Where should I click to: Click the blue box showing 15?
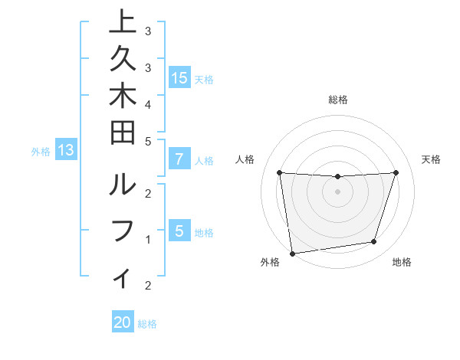coord(179,78)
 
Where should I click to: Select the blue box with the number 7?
coord(179,160)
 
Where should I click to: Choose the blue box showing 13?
coord(66,151)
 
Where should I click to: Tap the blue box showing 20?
coord(123,323)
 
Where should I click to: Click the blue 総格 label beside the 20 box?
coord(147,324)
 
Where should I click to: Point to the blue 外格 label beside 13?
coord(41,152)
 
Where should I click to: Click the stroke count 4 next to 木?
coord(147,103)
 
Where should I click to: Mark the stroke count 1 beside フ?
coord(147,240)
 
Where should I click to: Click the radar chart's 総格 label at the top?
coord(338,100)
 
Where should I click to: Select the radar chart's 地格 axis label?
coord(402,263)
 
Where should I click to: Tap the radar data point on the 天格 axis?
coord(396,172)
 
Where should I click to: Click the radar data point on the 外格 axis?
coord(292,254)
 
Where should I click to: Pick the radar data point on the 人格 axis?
coord(280,172)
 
